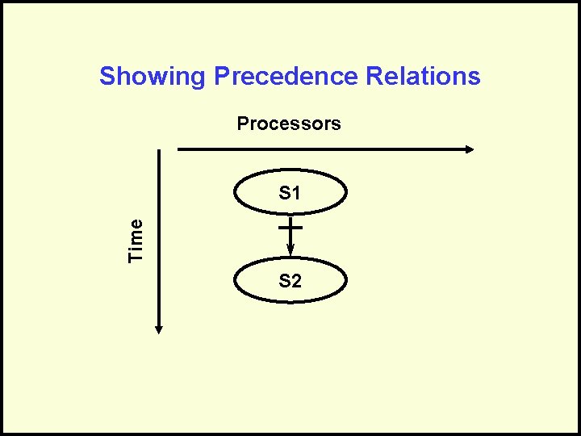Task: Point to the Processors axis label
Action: pos(289,124)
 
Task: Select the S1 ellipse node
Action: pos(290,194)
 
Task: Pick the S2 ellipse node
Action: pos(290,281)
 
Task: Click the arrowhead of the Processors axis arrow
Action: pos(470,149)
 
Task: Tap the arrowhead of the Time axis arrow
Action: pos(160,329)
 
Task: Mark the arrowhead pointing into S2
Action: pos(290,253)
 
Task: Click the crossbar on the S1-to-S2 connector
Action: pos(290,228)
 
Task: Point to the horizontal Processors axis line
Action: pos(323,149)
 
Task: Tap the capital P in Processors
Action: pos(242,124)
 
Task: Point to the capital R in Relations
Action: pos(374,78)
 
